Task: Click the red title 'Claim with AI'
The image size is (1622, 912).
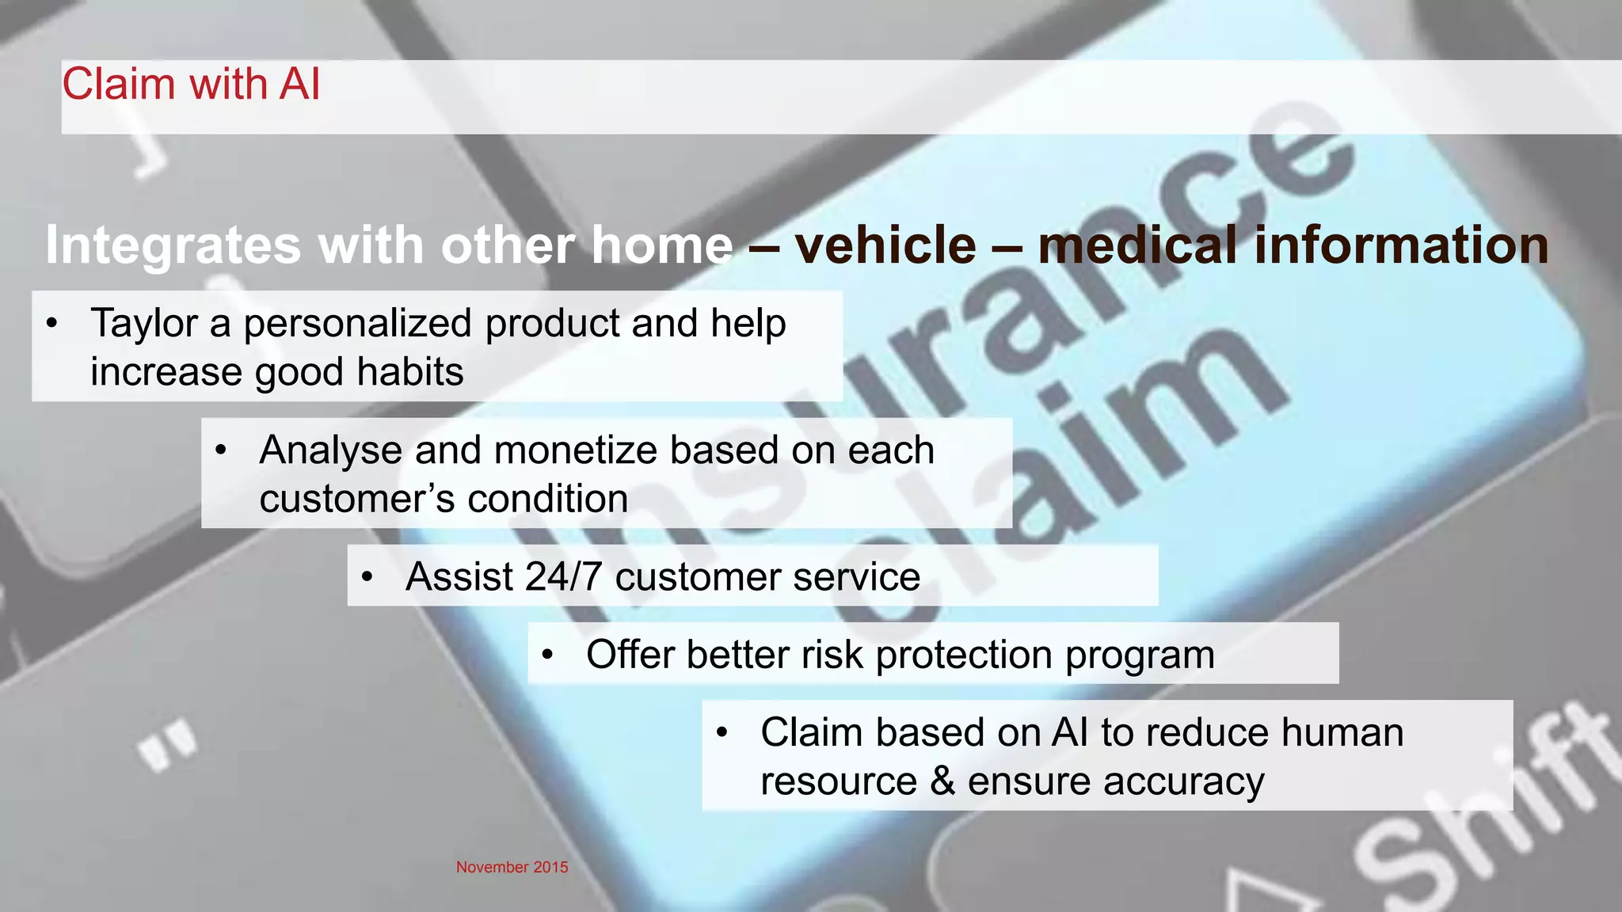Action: point(191,84)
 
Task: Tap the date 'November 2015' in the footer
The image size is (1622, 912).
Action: point(512,867)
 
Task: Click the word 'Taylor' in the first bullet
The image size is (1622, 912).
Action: point(144,324)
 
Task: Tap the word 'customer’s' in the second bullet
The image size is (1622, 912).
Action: point(357,500)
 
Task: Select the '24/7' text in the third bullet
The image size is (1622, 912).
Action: point(563,576)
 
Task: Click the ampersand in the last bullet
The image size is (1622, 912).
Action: point(942,781)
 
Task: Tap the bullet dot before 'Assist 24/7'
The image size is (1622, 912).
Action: point(367,577)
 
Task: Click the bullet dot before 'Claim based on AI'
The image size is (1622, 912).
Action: point(722,732)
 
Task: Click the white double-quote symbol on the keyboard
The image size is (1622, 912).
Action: point(168,744)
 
